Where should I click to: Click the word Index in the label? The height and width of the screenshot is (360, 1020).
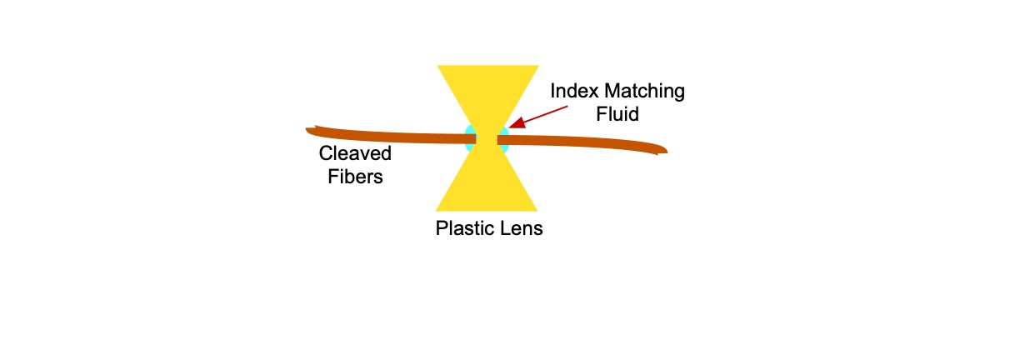pyautogui.click(x=574, y=91)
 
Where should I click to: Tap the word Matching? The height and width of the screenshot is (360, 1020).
pyautogui.click(x=644, y=92)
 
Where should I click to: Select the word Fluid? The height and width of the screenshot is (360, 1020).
pyautogui.click(x=617, y=114)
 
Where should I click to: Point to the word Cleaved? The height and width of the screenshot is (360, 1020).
pyautogui.click(x=355, y=153)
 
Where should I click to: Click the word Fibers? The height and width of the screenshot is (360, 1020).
pyautogui.click(x=355, y=177)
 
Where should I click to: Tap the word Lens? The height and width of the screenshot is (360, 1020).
pyautogui.click(x=522, y=228)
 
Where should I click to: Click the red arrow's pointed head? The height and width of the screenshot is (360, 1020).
pyautogui.click(x=517, y=122)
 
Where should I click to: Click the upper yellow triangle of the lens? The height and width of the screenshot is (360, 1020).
pyautogui.click(x=487, y=91)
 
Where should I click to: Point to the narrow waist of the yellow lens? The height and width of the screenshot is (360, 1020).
pyautogui.click(x=487, y=140)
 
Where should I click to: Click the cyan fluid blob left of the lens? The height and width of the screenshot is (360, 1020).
pyautogui.click(x=469, y=138)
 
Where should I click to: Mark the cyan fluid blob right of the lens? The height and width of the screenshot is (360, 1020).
pyautogui.click(x=503, y=140)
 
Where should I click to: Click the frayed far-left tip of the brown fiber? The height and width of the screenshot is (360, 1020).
pyautogui.click(x=307, y=129)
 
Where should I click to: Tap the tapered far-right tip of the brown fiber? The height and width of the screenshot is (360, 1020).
pyautogui.click(x=667, y=151)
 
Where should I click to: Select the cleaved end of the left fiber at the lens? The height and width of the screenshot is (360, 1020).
pyautogui.click(x=475, y=138)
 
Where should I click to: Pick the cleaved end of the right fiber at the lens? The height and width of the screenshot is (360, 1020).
pyautogui.click(x=498, y=140)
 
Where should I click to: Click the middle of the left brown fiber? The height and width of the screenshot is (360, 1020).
pyautogui.click(x=391, y=136)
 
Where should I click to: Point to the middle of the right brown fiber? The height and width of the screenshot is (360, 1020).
pyautogui.click(x=582, y=142)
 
